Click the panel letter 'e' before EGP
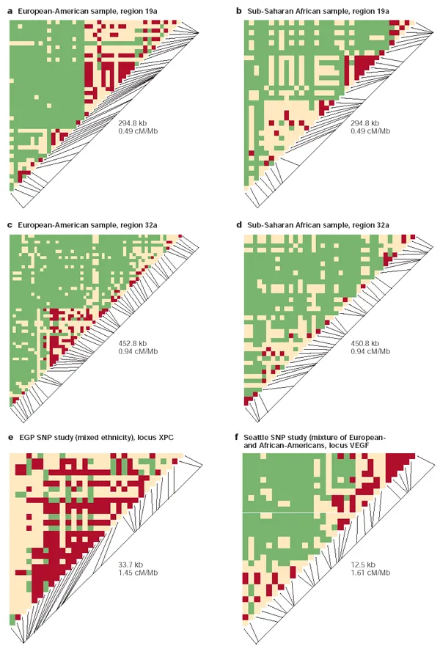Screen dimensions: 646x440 tap(10, 437)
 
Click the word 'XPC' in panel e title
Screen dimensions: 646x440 tap(165, 437)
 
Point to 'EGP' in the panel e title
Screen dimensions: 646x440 tap(26, 437)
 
